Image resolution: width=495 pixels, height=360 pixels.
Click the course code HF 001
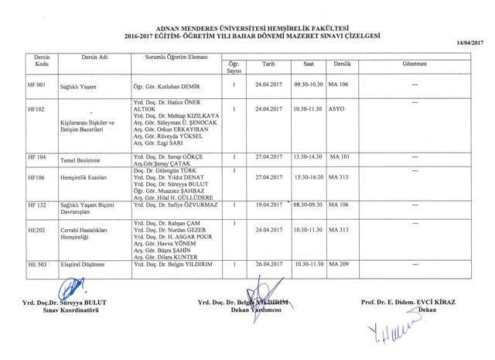(38, 84)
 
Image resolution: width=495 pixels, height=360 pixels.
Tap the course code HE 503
(38, 265)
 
